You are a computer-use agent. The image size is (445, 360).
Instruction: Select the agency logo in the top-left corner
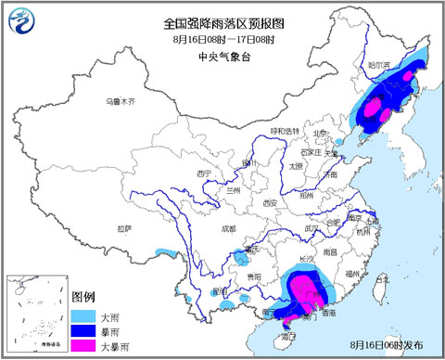pyautogui.click(x=20, y=19)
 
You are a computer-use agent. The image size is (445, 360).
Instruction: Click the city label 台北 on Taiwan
pyautogui.click(x=386, y=279)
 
